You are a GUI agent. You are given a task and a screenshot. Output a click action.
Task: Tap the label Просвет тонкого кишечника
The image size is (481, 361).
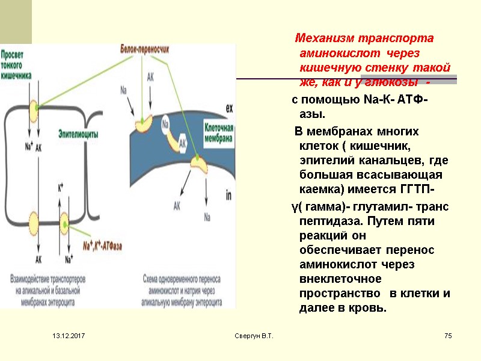tap(17, 64)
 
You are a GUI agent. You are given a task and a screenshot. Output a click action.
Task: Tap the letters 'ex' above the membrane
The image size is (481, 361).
tap(229, 108)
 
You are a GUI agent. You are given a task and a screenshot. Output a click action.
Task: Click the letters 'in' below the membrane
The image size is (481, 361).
tap(228, 195)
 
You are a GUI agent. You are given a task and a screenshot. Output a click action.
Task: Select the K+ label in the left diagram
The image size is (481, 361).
tap(60, 187)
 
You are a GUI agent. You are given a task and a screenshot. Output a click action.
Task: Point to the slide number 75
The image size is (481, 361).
tap(447, 335)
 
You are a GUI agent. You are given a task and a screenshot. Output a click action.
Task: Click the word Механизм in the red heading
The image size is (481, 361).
tap(324, 39)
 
